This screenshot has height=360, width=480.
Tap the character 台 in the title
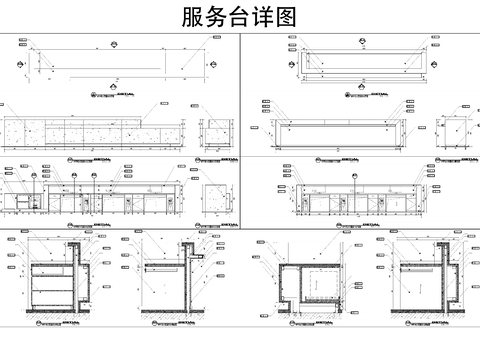[242, 17]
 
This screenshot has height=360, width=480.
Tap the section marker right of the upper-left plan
[216, 63]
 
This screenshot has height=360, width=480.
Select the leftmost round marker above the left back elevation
[34, 176]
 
